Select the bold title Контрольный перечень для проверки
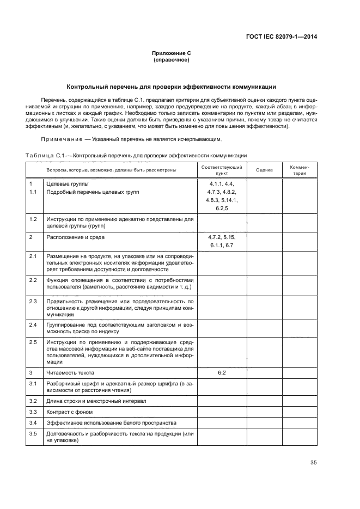coord(171,87)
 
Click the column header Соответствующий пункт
coord(222,170)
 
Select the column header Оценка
coord(264,170)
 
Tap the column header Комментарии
coord(300,170)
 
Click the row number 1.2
coord(33,219)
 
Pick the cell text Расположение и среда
coord(76,237)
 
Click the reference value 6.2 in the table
coord(222,372)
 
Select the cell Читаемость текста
coord(71,372)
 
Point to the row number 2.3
coord(33,301)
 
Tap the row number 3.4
coord(33,422)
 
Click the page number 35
coord(313,463)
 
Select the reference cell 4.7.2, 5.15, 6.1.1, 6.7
coord(222,241)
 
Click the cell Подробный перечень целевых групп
coord(93,193)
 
